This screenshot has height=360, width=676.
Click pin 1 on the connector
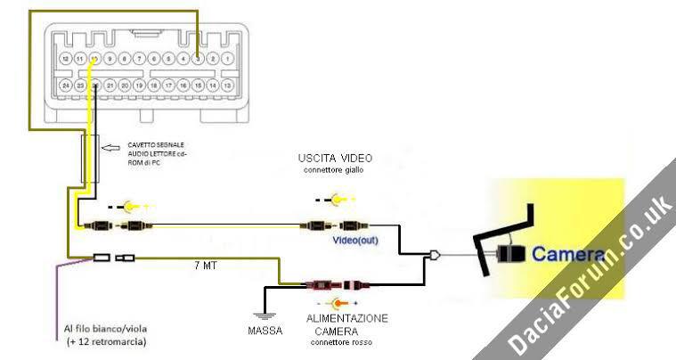point(228,59)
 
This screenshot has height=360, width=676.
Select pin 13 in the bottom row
point(228,86)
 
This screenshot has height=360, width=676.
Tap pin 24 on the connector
point(65,86)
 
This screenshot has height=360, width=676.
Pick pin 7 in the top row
point(139,59)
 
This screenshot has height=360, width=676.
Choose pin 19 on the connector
point(139,86)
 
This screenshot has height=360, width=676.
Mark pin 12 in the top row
point(65,59)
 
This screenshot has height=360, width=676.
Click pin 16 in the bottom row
point(183,86)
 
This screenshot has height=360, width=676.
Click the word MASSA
point(265,331)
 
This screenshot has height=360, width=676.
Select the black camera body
point(511,254)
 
